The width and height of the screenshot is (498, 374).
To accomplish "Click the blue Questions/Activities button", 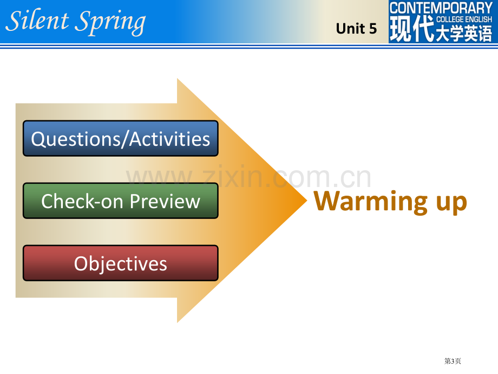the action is (121, 138).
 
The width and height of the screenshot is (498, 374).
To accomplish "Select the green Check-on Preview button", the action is (121, 201).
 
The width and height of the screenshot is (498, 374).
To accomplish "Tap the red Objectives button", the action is (121, 263).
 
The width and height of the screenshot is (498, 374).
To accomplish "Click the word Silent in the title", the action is (37, 21).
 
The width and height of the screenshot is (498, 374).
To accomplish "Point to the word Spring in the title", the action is (110, 22).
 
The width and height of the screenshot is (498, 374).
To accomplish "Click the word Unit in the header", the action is (350, 29).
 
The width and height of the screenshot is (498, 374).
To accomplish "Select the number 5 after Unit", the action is (373, 29).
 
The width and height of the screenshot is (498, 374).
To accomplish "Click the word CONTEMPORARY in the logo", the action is (441, 8).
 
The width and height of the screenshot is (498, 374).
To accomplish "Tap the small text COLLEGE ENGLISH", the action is (464, 20).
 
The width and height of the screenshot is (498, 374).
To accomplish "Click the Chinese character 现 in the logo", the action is (401, 29).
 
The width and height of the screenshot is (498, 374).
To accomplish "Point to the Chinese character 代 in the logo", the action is (424, 29).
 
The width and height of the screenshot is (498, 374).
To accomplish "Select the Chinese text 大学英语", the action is (464, 33).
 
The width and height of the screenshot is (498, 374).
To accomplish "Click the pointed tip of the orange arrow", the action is (307, 201).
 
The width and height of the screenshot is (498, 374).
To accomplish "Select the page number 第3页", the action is (453, 361).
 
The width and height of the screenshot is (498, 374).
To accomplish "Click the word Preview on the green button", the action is (165, 202).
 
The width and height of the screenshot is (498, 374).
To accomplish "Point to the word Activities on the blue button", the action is (170, 139).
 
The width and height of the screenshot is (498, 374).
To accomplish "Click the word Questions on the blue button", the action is (75, 139).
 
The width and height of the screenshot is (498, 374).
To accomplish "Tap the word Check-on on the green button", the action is (82, 201).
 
